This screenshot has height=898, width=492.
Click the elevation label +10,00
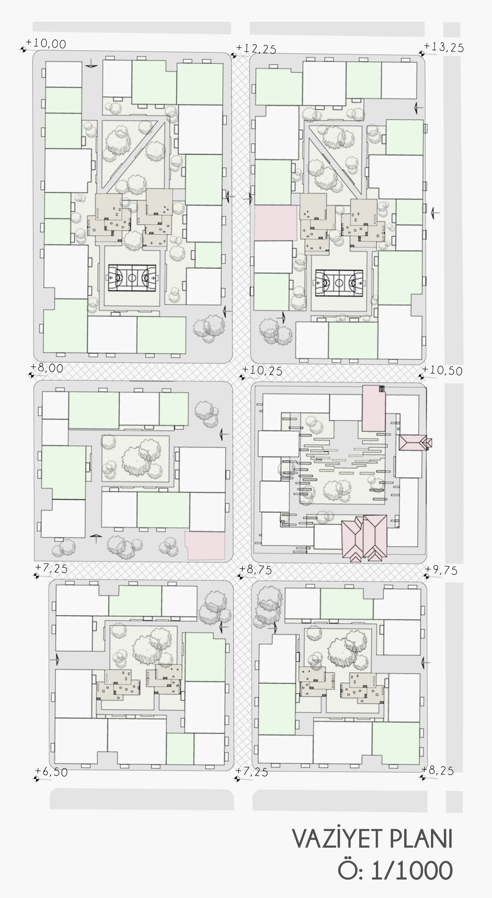(x=46, y=44)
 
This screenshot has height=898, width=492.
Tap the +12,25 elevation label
(x=256, y=49)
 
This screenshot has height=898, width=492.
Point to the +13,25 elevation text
(x=443, y=47)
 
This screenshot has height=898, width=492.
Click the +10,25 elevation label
(x=262, y=371)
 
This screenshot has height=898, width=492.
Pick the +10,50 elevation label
(x=442, y=370)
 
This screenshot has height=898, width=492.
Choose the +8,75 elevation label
(x=255, y=569)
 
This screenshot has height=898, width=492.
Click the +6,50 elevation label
(x=51, y=772)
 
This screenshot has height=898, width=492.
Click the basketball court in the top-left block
(x=132, y=278)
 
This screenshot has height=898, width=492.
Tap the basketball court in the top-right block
(x=339, y=283)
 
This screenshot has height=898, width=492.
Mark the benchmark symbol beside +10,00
(x=23, y=50)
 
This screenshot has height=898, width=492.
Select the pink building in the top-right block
(x=276, y=223)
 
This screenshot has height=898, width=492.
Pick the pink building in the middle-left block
(x=205, y=545)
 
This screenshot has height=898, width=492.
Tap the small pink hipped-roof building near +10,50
(x=415, y=443)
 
